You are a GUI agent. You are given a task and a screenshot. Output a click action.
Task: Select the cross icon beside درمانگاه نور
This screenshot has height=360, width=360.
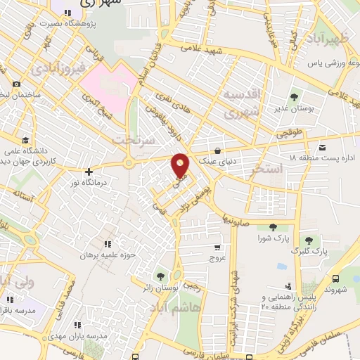(89, 171)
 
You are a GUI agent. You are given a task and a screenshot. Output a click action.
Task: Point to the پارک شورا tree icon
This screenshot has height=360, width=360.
(272, 226)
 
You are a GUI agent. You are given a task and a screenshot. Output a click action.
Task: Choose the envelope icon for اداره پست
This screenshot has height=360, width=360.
(321, 147)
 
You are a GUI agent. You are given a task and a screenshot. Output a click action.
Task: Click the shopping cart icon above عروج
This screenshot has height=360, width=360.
(217, 247)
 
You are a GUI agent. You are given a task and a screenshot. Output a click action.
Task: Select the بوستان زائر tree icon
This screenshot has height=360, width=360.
(161, 276)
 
